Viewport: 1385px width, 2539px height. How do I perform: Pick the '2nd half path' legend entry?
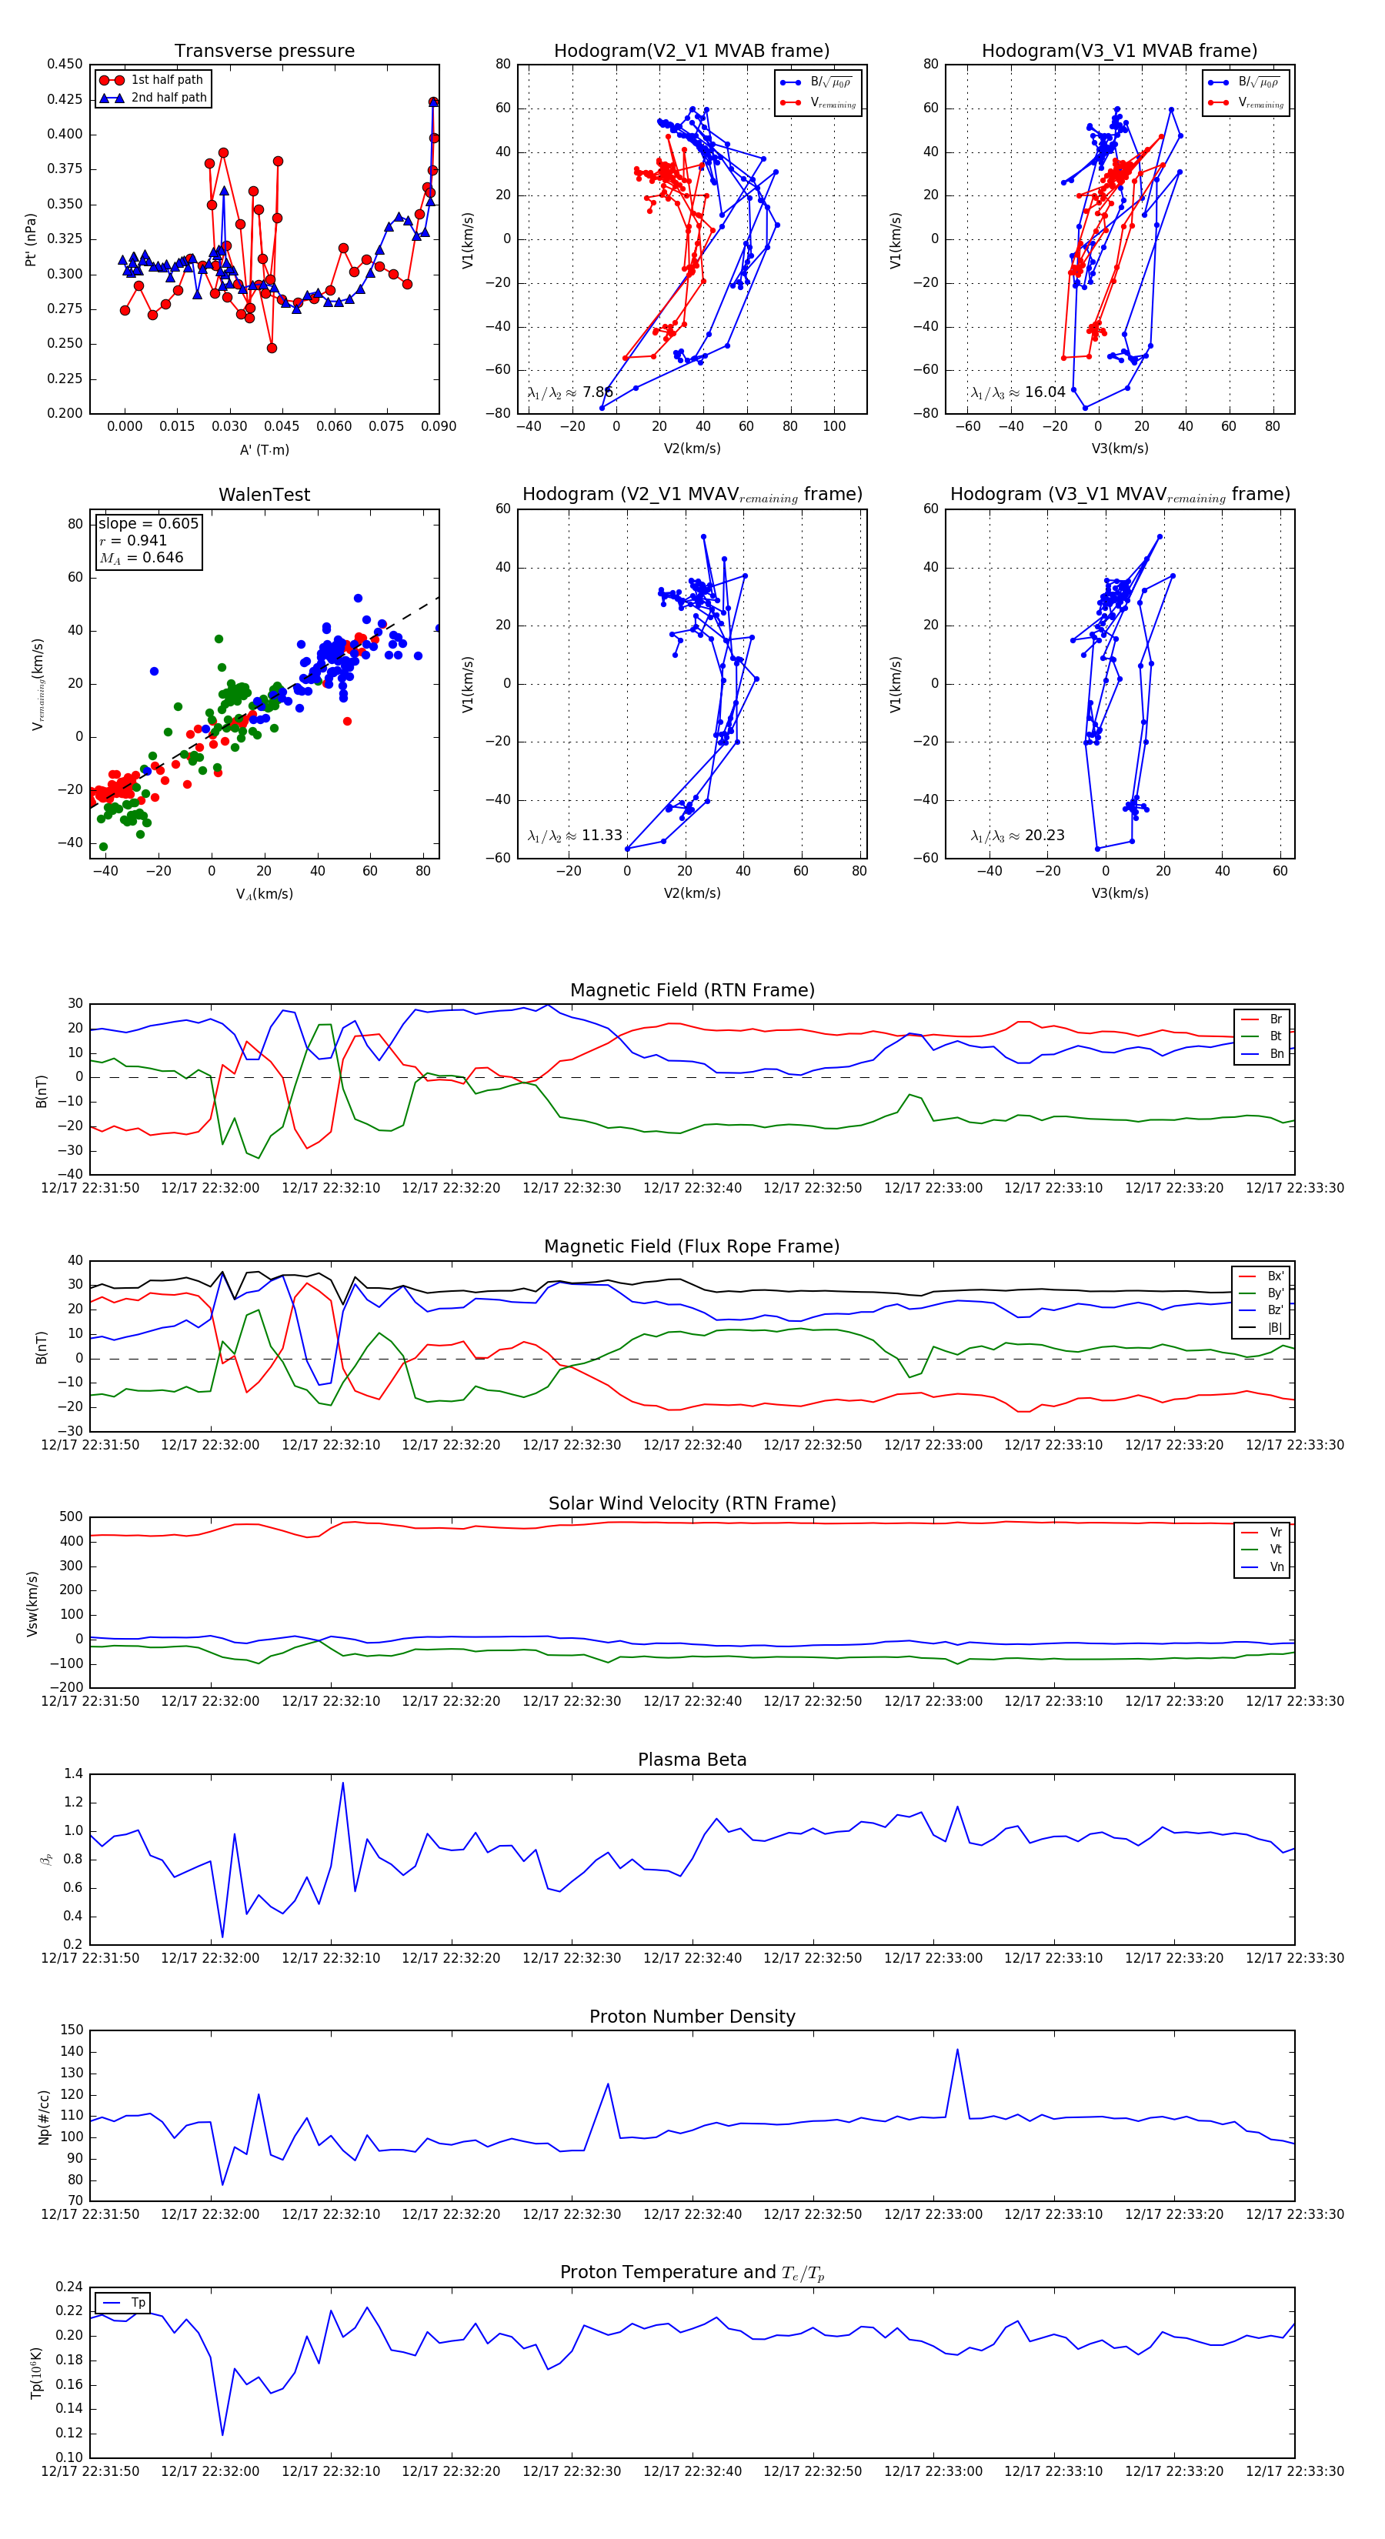tap(169, 98)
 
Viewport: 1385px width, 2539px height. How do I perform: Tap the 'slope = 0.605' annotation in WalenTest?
tap(148, 523)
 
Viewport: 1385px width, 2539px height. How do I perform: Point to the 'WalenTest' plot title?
tap(264, 495)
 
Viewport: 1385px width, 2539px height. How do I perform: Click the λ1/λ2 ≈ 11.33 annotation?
tap(575, 836)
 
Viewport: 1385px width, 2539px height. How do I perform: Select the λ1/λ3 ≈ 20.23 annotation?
tap(1017, 836)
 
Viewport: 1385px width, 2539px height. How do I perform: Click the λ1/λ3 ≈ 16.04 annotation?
tap(1017, 392)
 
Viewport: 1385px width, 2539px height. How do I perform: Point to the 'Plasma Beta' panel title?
tap(692, 1760)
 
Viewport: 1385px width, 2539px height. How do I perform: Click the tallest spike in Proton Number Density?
tap(956, 2050)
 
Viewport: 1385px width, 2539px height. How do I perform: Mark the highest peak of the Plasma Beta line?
tap(343, 1783)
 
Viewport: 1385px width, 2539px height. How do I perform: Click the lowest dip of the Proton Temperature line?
tap(222, 2434)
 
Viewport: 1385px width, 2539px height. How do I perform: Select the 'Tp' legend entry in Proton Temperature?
tap(137, 2304)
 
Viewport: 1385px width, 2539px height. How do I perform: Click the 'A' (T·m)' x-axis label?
tap(264, 449)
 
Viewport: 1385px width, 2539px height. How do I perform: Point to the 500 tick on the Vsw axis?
tap(71, 1517)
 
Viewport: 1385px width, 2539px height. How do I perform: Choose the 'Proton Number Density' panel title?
tap(692, 2017)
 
